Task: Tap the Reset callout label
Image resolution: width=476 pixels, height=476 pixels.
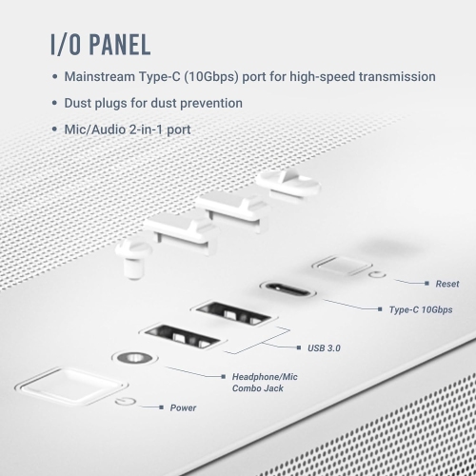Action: pyautogui.click(x=447, y=284)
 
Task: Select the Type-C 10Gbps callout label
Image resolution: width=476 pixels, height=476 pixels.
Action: pyautogui.click(x=421, y=310)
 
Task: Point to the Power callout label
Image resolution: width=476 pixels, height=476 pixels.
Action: pyautogui.click(x=183, y=407)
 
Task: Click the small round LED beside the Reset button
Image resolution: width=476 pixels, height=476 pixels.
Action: pyautogui.click(x=379, y=277)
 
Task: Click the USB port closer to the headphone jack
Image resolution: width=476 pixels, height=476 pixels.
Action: pyautogui.click(x=179, y=337)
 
